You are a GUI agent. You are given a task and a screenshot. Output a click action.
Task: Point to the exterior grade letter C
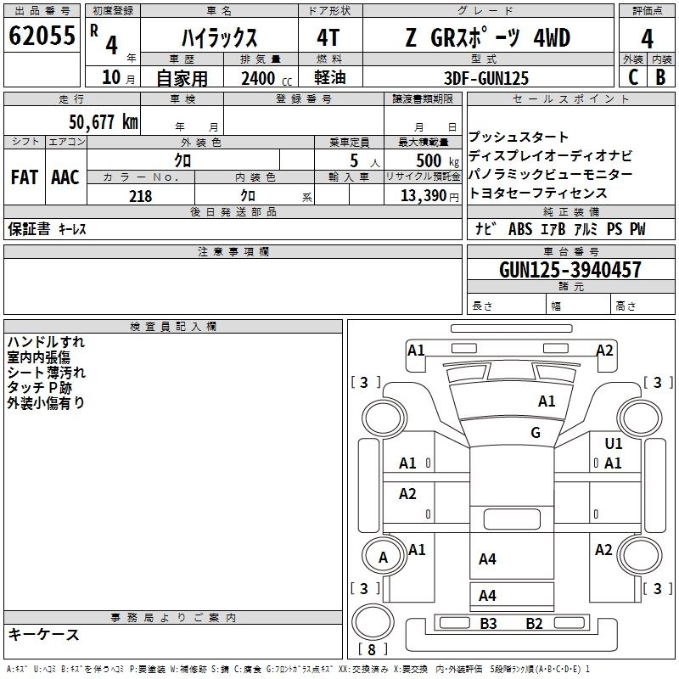(x=632, y=76)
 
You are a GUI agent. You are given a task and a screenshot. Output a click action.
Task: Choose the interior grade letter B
(x=660, y=76)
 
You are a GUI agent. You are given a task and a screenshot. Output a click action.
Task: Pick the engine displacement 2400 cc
(x=258, y=78)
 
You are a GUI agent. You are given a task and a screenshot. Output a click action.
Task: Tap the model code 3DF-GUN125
(x=486, y=78)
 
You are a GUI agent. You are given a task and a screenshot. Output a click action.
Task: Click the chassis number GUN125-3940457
(x=570, y=270)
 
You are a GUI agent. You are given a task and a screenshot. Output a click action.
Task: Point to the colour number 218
(x=140, y=196)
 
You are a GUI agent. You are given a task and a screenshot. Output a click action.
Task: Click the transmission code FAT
(x=24, y=177)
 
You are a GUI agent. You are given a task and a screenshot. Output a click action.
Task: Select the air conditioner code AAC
(x=65, y=177)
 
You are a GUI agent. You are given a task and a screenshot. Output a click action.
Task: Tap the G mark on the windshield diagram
(x=536, y=433)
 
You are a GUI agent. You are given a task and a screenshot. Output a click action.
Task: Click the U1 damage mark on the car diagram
(x=614, y=443)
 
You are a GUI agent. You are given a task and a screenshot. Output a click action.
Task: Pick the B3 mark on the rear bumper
(x=488, y=624)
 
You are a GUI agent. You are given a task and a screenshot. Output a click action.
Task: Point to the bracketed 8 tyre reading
(x=371, y=650)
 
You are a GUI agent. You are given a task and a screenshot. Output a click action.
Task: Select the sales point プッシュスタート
(x=519, y=137)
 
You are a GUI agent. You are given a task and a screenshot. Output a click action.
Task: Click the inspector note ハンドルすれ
(x=46, y=342)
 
